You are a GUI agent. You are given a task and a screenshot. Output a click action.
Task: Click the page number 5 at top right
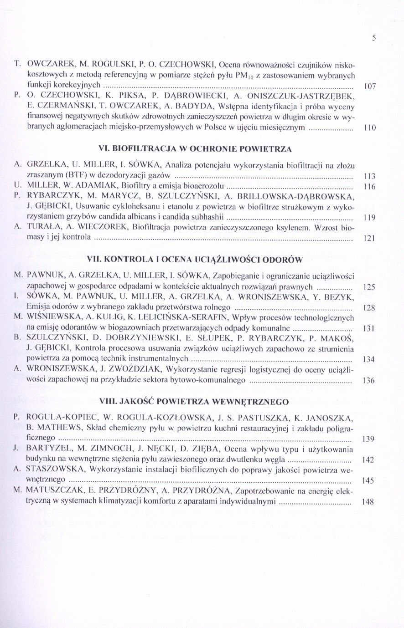pyautogui.click(x=373, y=39)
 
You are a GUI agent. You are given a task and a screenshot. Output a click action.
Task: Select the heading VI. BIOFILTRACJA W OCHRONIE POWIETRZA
pyautogui.click(x=195, y=148)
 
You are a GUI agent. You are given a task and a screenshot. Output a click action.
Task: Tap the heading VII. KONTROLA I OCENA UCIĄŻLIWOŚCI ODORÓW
pyautogui.click(x=195, y=260)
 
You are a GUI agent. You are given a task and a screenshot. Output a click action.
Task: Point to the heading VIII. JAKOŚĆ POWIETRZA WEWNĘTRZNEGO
pyautogui.click(x=194, y=402)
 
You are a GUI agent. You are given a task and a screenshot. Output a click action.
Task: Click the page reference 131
pyautogui.click(x=368, y=328)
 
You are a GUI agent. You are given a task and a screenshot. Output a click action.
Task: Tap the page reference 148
pyautogui.click(x=367, y=502)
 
